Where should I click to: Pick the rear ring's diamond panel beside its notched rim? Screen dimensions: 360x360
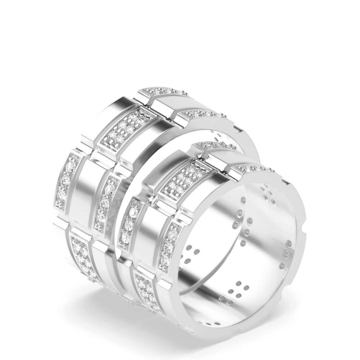[x=202, y=114]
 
